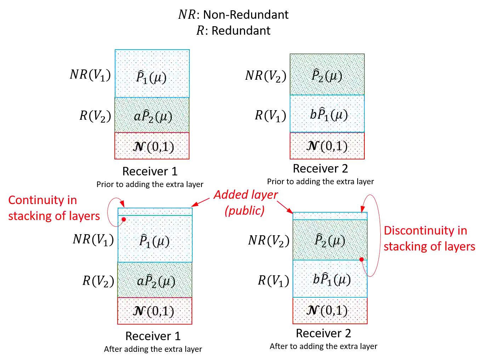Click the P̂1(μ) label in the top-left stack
coord(151,77)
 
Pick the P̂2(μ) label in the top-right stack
coord(327,76)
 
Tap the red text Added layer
coord(245,195)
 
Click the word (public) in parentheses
coord(245,210)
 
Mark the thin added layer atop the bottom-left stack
coord(155,212)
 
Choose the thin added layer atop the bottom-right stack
coord(330,215)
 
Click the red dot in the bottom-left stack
coord(124,219)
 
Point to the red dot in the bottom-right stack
coord(361,259)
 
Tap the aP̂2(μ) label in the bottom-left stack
coord(156,281)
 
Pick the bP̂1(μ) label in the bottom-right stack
coord(332,280)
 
